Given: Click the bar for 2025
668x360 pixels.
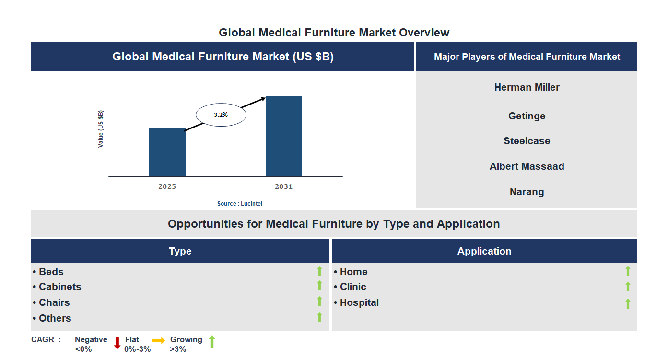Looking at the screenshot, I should (x=167, y=152).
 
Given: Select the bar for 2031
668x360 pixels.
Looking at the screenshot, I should (x=284, y=137).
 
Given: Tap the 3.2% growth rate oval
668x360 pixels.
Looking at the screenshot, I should (x=221, y=115).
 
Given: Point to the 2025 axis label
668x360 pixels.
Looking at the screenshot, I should (x=167, y=186).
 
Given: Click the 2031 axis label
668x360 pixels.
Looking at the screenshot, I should (x=283, y=186).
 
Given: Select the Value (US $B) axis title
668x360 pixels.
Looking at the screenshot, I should (x=101, y=129).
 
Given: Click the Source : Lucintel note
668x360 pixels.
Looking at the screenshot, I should (x=240, y=204).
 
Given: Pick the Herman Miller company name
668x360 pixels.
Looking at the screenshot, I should (x=527, y=87).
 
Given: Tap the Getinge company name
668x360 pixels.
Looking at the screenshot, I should (x=527, y=116).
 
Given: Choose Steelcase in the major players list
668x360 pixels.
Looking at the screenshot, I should (x=527, y=141).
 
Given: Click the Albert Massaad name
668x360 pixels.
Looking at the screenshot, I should (x=527, y=166).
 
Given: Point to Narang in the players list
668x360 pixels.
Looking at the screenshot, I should (x=527, y=192).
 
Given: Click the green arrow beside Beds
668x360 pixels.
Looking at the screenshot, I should (x=319, y=271).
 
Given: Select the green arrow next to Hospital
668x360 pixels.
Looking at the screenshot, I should (x=628, y=303).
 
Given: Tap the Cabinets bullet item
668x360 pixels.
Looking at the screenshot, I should (x=57, y=287).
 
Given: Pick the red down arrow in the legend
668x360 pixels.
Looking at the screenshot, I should (x=117, y=343).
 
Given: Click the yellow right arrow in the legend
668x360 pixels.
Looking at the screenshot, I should (x=159, y=340).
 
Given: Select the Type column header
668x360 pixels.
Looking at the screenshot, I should (x=180, y=251).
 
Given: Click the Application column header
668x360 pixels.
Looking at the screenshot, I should (x=484, y=251).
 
